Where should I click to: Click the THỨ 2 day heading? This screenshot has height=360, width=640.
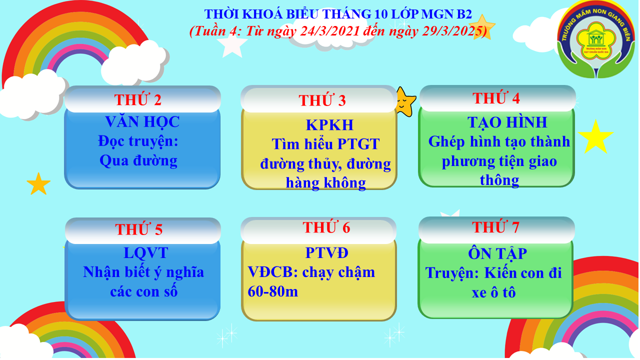[138, 99]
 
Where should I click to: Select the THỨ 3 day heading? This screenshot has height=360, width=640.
[322, 100]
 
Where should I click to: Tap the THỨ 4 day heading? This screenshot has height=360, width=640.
[496, 98]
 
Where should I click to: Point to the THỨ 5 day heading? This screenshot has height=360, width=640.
[139, 229]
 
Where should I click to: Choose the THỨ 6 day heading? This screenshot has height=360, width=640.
[326, 227]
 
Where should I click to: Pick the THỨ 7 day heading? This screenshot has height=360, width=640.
[495, 227]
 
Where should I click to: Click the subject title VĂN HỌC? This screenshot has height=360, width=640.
[142, 121]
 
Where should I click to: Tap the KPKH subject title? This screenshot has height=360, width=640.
[329, 125]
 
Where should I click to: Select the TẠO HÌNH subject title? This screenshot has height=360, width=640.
[507, 122]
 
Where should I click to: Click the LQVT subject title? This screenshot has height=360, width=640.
[146, 253]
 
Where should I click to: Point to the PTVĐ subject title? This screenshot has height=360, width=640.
[327, 253]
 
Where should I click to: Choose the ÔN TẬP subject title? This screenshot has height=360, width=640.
[497, 253]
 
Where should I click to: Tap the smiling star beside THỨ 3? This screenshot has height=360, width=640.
[405, 102]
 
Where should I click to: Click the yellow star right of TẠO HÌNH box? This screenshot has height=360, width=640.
[596, 137]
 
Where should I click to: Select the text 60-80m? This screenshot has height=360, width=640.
[273, 291]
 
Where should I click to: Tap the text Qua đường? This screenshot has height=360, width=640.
[138, 160]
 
